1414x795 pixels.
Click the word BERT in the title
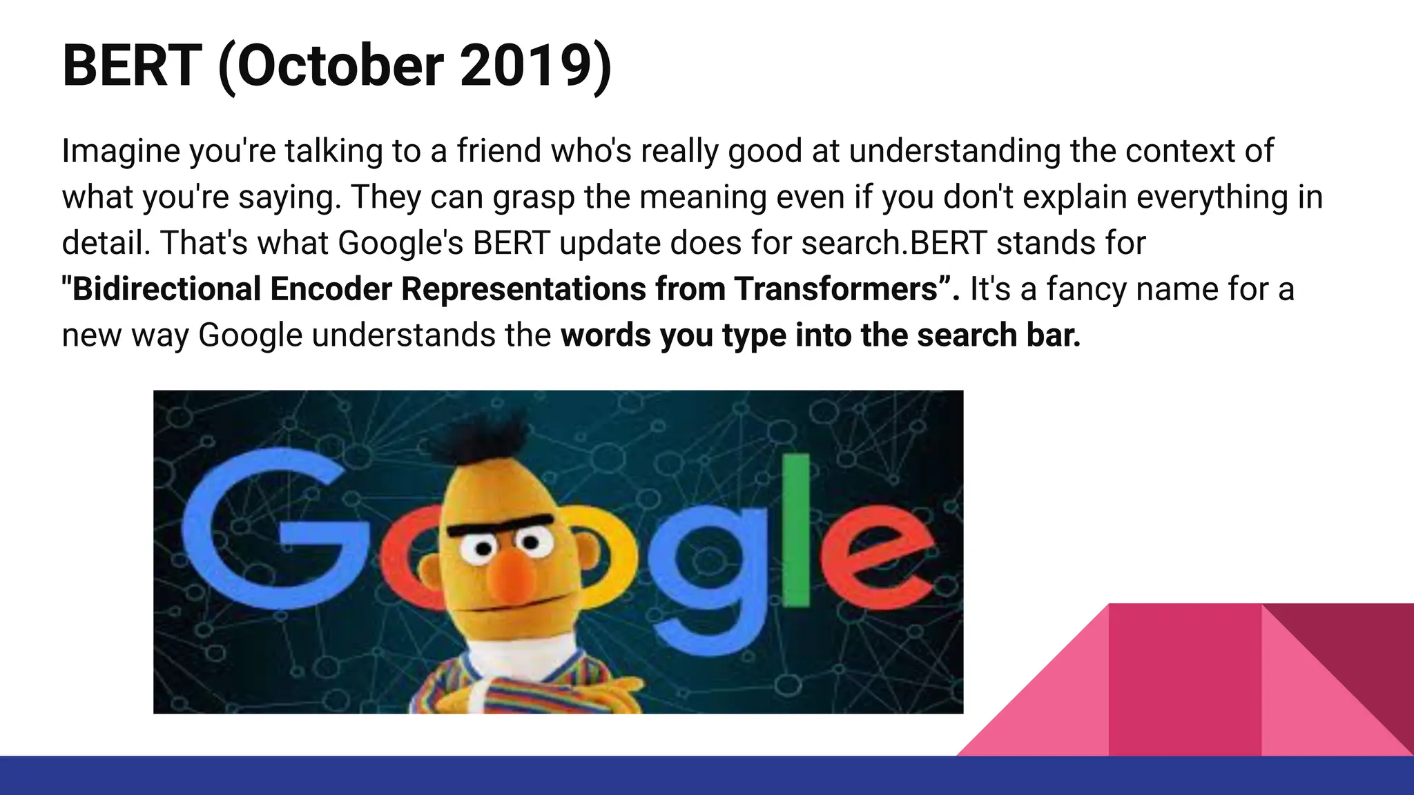pos(132,66)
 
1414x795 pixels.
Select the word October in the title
pos(340,66)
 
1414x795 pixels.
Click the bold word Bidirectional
pos(166,288)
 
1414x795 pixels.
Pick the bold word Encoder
pos(331,288)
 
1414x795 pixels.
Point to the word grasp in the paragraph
pos(533,197)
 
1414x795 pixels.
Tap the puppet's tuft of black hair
pos(483,435)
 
